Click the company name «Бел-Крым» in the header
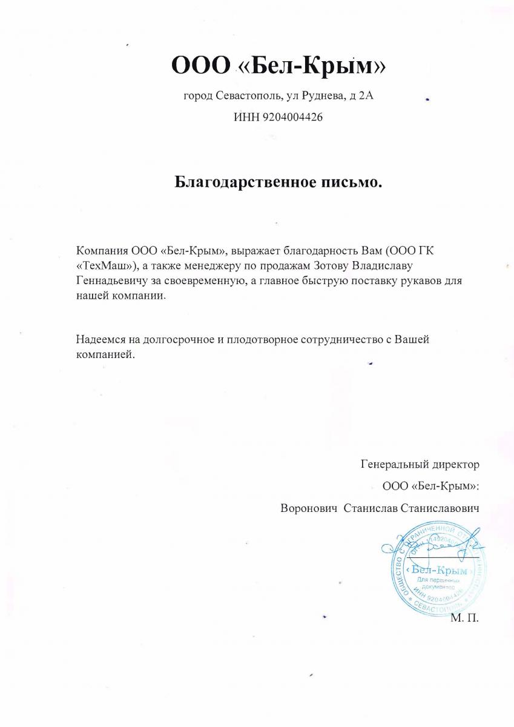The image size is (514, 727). (x=310, y=65)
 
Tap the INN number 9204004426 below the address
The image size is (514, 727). (x=292, y=118)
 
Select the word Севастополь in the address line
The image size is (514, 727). (x=245, y=96)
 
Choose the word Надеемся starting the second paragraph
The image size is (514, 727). (x=100, y=339)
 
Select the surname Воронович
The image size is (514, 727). (x=308, y=508)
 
